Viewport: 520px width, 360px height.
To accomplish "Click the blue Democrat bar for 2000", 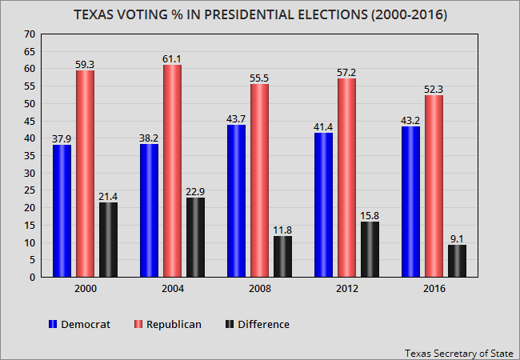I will tap(62, 211).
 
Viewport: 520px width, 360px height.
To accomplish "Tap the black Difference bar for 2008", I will tap(282, 257).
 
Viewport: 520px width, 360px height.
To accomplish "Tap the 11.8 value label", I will tap(282, 230).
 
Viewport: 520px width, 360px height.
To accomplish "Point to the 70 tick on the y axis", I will tap(30, 34).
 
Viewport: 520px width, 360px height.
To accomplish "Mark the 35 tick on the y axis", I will tap(30, 156).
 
